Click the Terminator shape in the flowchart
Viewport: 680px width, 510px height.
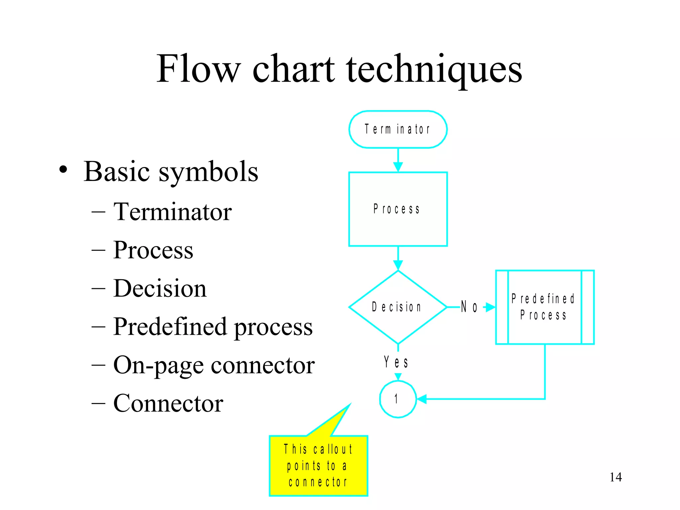coord(398,129)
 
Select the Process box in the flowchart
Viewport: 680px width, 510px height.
coord(398,209)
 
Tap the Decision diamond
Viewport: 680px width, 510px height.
coord(398,307)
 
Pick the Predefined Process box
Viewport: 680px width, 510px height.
coord(545,307)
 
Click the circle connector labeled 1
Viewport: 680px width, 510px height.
coord(398,399)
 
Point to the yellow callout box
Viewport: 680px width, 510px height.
coord(318,466)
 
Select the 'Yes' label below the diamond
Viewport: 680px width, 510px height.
coord(396,362)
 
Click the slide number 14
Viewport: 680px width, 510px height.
coord(616,477)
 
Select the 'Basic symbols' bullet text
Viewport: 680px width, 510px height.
coord(171,172)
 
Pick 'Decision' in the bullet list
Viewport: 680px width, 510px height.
coord(160,288)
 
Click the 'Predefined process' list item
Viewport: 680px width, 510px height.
coord(212,327)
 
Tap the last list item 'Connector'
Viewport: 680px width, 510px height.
coord(168,403)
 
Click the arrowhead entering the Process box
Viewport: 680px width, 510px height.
coord(398,167)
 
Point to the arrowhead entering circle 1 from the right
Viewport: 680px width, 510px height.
coord(422,399)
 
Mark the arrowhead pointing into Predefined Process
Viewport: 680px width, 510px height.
coord(490,307)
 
